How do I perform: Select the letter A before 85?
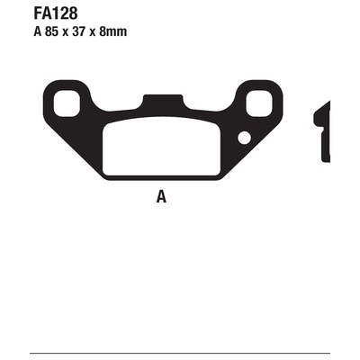(37, 31)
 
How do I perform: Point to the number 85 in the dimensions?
(51, 31)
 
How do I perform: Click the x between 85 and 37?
(65, 32)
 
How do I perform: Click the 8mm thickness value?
(113, 31)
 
